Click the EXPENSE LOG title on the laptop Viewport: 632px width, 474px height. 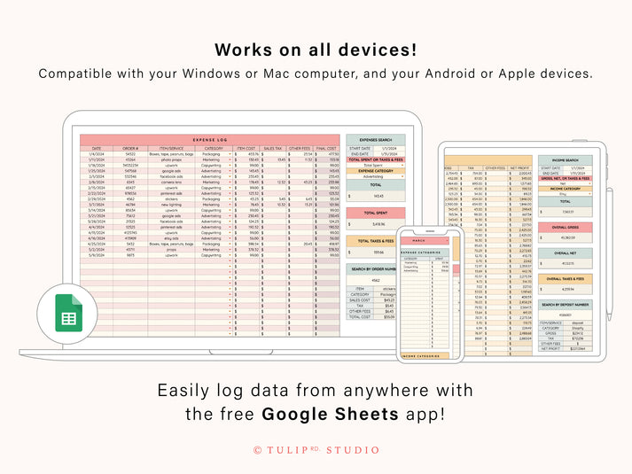(210, 140)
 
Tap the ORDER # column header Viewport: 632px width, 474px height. (130, 148)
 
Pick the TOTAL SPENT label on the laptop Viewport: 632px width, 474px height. (376, 213)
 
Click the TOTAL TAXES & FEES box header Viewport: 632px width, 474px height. (376, 241)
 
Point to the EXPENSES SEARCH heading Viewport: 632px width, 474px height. (376, 139)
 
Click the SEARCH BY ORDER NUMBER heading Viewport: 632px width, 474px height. (376, 269)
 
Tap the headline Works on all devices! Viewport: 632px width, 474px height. (316, 50)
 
